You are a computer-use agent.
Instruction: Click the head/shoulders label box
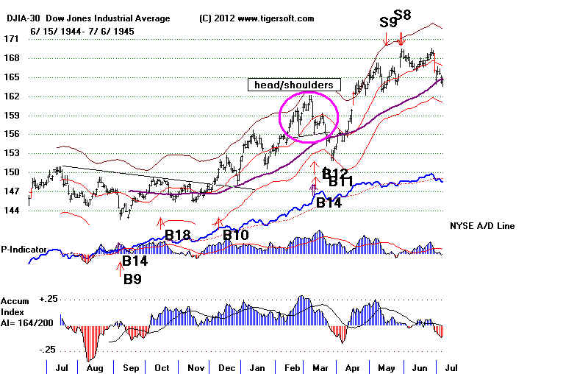click(x=294, y=85)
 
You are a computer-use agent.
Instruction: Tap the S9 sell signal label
click(x=389, y=22)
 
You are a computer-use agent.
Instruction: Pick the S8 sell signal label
click(x=403, y=14)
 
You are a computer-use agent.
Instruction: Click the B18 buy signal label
click(x=178, y=235)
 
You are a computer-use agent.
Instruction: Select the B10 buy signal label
click(x=237, y=235)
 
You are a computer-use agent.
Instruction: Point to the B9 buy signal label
click(x=132, y=279)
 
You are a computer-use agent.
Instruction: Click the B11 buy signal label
click(x=341, y=182)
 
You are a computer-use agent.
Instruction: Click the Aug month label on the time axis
click(x=92, y=367)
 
